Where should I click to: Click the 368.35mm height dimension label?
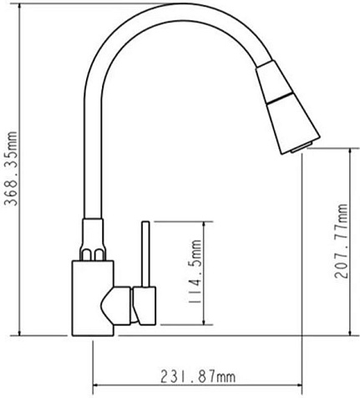[x=12, y=169]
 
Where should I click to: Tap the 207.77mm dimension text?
[x=341, y=242]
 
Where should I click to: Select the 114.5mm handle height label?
[x=195, y=273]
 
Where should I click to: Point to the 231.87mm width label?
[x=198, y=376]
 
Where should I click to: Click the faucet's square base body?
[x=93, y=298]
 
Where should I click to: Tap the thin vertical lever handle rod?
[x=145, y=254]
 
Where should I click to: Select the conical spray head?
[x=287, y=107]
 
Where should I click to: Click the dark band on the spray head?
[x=280, y=99]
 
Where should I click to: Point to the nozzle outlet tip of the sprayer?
[x=302, y=147]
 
